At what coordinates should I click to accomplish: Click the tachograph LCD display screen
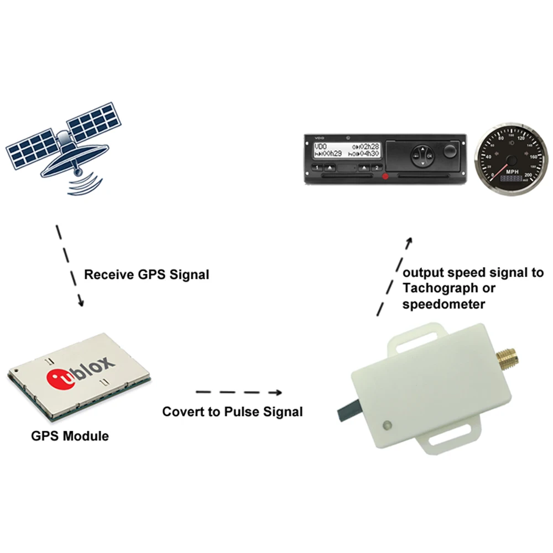pos(346,150)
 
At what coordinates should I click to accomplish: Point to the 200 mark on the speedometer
pos(527,175)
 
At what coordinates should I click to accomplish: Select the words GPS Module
pos(70,436)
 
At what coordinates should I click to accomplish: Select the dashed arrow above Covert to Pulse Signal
pos(239,393)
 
